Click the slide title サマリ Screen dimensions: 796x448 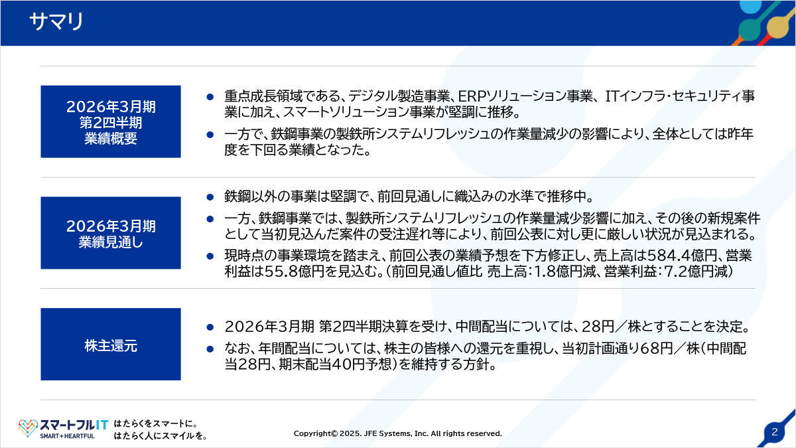[x=56, y=21]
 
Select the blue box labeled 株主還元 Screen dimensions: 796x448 [x=111, y=344]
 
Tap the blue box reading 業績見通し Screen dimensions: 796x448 [x=111, y=233]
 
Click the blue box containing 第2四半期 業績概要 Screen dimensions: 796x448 [x=111, y=121]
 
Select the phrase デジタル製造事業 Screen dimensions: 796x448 [x=399, y=96]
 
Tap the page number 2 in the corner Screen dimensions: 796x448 [x=775, y=432]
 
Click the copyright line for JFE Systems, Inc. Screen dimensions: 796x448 [x=397, y=433]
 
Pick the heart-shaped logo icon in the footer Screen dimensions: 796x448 [x=28, y=427]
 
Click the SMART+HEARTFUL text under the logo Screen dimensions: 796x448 [x=67, y=436]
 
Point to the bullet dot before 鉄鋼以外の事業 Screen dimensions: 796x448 [x=210, y=196]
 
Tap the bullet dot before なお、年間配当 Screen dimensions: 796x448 [x=210, y=349]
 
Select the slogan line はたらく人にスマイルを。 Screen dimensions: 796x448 [x=161, y=435]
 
